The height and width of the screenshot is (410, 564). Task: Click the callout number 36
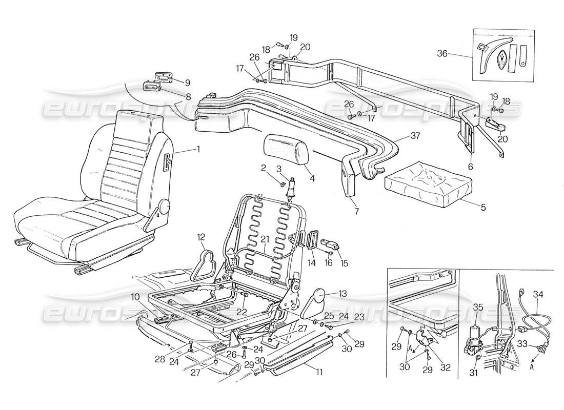[x=444, y=53]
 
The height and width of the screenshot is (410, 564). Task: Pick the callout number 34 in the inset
[x=538, y=294]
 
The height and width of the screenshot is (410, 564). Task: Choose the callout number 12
[x=201, y=237]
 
